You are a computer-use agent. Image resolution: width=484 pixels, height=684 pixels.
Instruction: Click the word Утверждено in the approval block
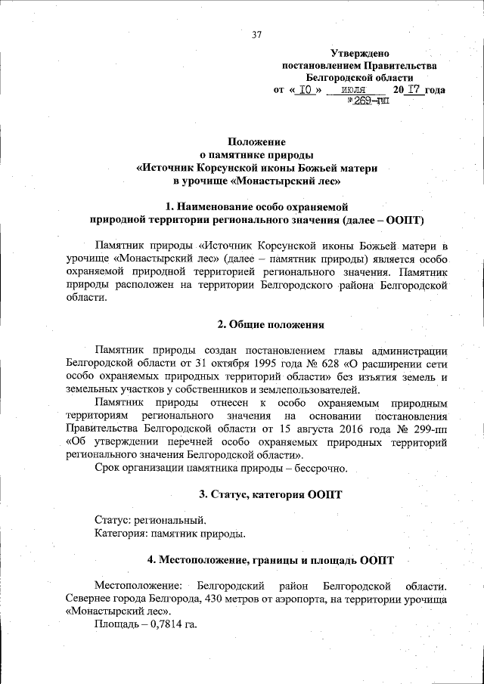click(x=360, y=54)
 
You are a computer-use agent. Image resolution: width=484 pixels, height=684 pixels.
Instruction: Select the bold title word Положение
click(x=256, y=141)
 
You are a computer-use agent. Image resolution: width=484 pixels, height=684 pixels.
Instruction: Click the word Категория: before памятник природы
click(x=122, y=534)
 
